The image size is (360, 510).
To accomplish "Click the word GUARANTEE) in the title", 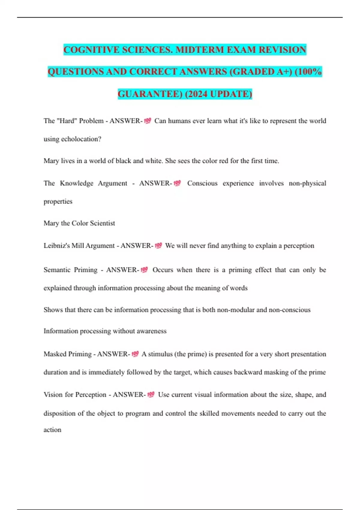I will pyautogui.click(x=150, y=94).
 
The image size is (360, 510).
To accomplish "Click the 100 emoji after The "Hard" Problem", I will pyautogui.click(x=148, y=121).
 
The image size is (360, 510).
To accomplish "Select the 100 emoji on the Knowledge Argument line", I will pyautogui.click(x=177, y=183).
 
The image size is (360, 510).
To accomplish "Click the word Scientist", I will pyautogui.click(x=102, y=223).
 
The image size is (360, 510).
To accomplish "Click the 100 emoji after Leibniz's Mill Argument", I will pyautogui.click(x=158, y=246).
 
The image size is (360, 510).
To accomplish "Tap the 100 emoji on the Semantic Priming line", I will pyautogui.click(x=144, y=270).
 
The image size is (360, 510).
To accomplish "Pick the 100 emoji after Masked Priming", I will pyautogui.click(x=135, y=354).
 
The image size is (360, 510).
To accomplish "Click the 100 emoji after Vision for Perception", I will pyautogui.click(x=151, y=394).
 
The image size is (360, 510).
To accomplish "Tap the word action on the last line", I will pyautogui.click(x=52, y=430).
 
